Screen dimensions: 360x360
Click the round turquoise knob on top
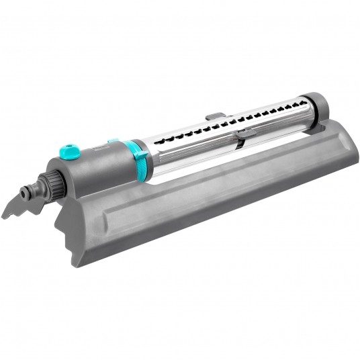point(69,152)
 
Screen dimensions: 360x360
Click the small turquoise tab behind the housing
point(113,141)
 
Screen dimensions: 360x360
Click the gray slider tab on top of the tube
point(214,116)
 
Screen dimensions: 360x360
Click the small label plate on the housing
point(101,144)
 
